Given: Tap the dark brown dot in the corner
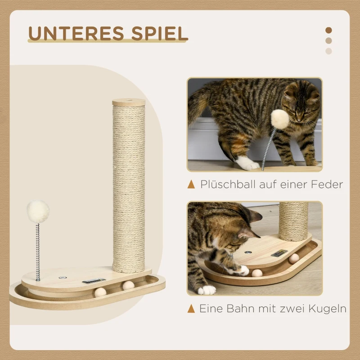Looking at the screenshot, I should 328,30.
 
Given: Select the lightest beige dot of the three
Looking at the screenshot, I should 328,51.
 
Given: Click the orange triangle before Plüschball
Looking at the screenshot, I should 191,184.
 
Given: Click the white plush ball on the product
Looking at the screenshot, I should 38,211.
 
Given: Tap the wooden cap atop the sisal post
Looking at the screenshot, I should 129,102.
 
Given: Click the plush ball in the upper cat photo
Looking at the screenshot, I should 279,118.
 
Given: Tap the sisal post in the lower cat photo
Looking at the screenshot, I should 293,220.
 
